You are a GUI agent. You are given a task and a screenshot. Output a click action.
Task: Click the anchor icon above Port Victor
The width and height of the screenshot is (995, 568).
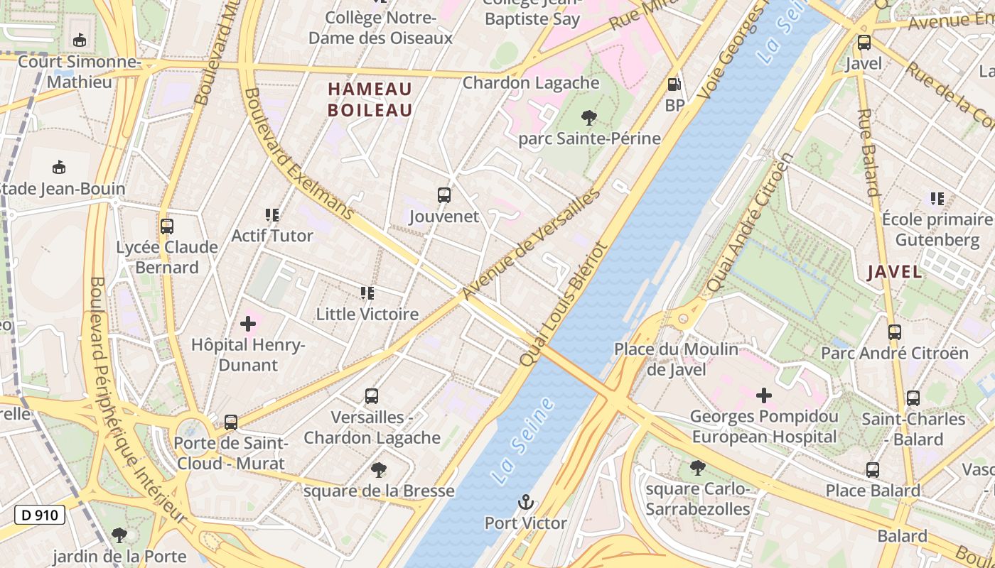click(525, 502)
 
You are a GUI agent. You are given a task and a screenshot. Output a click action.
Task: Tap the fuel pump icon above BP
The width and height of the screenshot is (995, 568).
click(674, 84)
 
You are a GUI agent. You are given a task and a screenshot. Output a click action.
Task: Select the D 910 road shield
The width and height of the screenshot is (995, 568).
click(40, 515)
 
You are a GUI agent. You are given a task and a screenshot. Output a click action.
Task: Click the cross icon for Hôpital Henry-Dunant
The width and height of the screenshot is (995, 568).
click(248, 324)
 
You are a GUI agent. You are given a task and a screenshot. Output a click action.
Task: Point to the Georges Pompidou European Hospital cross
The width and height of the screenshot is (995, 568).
click(764, 395)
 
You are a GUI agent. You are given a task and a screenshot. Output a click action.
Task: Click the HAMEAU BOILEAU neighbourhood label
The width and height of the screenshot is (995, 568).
click(370, 99)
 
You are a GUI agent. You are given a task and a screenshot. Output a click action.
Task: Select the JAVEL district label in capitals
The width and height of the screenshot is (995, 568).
click(895, 272)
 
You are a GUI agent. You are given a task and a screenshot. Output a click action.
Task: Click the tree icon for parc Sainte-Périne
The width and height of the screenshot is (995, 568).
click(588, 117)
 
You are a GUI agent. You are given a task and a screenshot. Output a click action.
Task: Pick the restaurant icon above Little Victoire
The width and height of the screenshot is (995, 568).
click(367, 293)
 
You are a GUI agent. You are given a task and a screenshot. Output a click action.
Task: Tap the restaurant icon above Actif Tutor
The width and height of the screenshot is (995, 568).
click(271, 214)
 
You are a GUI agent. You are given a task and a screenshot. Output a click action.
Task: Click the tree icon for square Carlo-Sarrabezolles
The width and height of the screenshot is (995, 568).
click(698, 468)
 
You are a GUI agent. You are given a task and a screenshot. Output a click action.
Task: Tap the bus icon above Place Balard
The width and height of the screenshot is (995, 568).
click(872, 469)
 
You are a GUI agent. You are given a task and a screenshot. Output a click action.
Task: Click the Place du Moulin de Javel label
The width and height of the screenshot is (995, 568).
click(676, 359)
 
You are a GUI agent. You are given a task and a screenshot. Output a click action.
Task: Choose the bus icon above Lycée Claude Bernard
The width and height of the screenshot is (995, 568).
click(167, 226)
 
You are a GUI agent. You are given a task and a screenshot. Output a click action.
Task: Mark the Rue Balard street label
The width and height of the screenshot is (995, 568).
click(868, 152)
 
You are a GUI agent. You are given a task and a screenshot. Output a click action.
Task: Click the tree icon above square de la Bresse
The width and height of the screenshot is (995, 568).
click(378, 469)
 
